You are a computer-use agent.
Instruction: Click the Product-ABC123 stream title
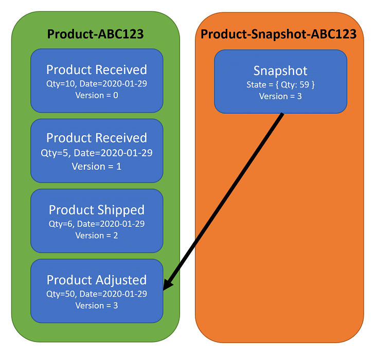[95, 34]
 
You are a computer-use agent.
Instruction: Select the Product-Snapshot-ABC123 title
[278, 34]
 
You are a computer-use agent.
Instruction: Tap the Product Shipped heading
[97, 210]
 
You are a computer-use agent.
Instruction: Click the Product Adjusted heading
[97, 280]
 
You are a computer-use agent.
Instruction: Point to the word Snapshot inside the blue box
[280, 70]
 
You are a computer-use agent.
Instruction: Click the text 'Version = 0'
[97, 96]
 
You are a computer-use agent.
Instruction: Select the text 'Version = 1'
[97, 166]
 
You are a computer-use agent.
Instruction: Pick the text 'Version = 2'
[97, 236]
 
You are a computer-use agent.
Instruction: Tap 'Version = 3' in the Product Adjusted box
[97, 305]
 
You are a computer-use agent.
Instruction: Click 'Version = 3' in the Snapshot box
[280, 96]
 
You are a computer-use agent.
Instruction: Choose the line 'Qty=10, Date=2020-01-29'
[97, 83]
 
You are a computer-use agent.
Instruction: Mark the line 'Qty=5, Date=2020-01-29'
[97, 153]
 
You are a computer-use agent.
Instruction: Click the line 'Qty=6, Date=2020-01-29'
[97, 223]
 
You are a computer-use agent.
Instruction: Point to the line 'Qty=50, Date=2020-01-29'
[97, 293]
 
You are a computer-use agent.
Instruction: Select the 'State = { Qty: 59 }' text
[280, 84]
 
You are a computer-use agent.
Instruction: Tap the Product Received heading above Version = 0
[97, 69]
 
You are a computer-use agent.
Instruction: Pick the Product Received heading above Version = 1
[97, 138]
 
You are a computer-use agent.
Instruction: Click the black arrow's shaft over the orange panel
[242, 175]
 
